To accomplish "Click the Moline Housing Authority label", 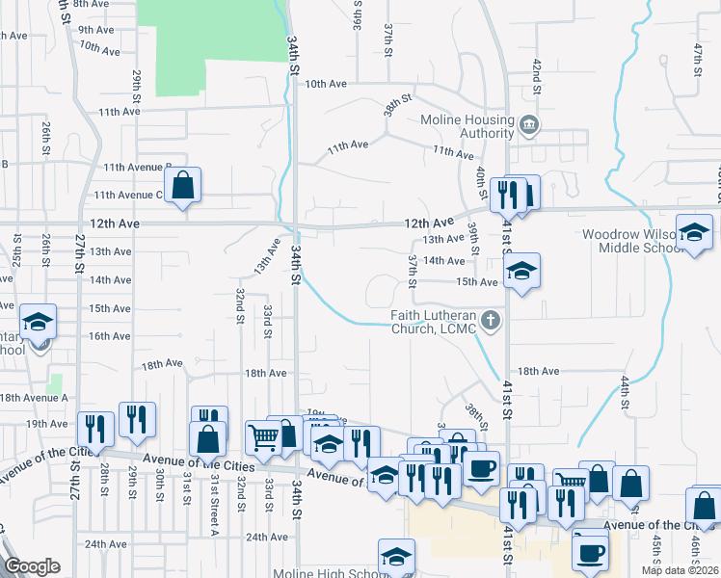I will pos(467,126).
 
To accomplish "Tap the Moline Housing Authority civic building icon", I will pos(528,125).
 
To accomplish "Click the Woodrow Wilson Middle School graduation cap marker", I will pos(694,233).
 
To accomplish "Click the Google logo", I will pos(33,566).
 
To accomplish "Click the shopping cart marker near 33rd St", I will pos(263,438).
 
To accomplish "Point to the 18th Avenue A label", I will pos(34,397).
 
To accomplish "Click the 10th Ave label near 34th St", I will pos(326,84).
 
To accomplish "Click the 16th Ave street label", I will pos(109,336).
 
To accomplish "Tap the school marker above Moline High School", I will pos(395,556).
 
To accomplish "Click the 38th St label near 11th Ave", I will pos(397,104).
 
